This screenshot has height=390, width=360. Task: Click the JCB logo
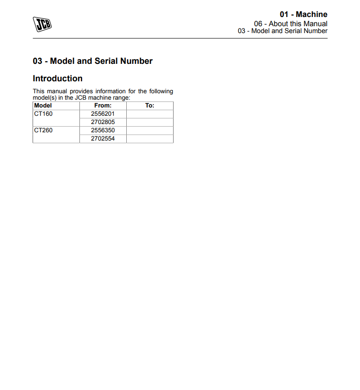tap(42, 24)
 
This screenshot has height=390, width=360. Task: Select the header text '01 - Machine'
tap(304, 14)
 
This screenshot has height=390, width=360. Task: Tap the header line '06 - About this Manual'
tap(291, 23)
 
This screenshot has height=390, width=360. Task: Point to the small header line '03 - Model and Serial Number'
tap(282, 31)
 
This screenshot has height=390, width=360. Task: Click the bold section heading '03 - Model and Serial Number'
tap(92, 61)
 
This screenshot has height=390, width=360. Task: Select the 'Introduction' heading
tap(57, 78)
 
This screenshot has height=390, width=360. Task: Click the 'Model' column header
tap(43, 106)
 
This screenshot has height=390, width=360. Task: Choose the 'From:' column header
tap(103, 106)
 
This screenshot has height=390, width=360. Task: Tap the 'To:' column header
tap(150, 106)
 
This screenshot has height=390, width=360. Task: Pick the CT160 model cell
tap(44, 114)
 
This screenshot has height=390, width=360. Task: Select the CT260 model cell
tap(44, 130)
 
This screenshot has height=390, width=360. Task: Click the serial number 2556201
tap(103, 114)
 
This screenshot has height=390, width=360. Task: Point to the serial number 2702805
tap(103, 122)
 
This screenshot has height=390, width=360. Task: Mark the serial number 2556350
tap(103, 130)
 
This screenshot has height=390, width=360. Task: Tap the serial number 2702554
tap(103, 139)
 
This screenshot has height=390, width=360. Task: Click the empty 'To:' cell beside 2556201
tap(150, 114)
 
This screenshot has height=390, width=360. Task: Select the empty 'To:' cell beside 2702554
tap(150, 139)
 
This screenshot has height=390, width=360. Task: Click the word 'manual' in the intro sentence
tap(57, 91)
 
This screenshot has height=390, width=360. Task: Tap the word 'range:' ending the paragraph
tap(121, 97)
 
